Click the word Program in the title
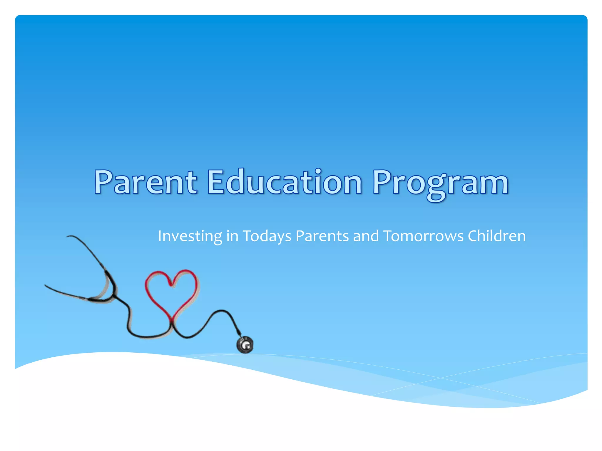(x=440, y=183)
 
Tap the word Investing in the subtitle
(x=190, y=236)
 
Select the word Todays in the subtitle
(x=267, y=236)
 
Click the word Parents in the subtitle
(x=322, y=236)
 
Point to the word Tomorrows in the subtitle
(x=423, y=236)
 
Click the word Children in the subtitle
(x=496, y=236)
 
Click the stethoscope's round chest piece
(x=245, y=345)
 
